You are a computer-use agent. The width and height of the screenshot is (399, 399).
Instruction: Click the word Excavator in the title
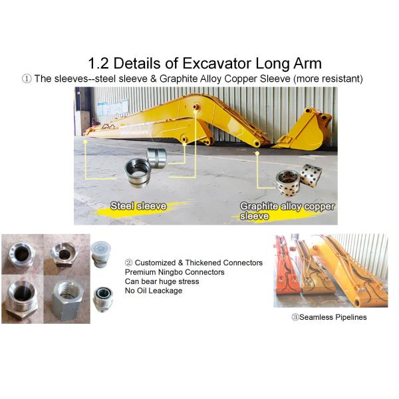click(217, 63)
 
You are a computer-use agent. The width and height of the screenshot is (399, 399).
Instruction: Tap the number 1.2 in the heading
click(98, 63)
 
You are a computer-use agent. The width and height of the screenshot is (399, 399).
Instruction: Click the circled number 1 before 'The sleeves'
click(27, 78)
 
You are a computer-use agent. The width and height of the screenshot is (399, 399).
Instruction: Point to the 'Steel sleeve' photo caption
click(138, 206)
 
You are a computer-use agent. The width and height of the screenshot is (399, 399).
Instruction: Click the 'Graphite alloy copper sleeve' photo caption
click(287, 211)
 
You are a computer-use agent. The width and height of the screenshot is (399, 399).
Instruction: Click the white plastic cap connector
click(101, 254)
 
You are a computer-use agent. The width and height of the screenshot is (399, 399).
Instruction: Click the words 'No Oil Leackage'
click(154, 291)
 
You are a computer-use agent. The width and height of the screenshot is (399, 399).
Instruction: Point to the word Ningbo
click(170, 272)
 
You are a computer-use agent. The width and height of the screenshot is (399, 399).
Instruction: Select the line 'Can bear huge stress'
click(162, 281)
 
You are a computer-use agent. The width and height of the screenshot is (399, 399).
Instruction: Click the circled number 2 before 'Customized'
click(129, 263)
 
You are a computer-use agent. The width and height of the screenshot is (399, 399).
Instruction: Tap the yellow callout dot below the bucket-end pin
click(257, 153)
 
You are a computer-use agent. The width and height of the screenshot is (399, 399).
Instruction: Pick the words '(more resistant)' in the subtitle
click(328, 79)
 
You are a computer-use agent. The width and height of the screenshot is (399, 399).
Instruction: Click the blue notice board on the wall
click(113, 107)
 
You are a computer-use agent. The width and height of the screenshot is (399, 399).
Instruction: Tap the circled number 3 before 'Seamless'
click(295, 317)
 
